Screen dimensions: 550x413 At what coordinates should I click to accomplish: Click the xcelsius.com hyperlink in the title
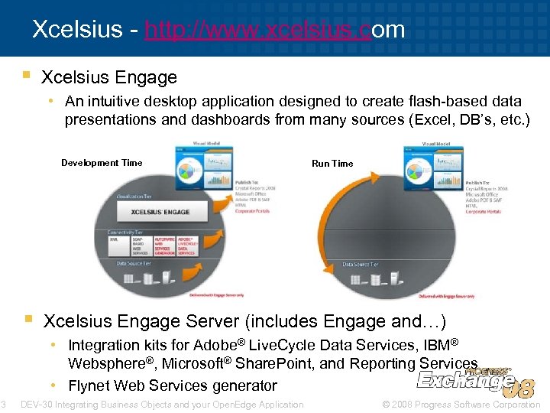(x=274, y=30)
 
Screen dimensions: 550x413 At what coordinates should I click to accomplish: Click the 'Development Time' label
(x=102, y=163)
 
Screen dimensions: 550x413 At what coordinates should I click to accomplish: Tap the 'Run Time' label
(x=332, y=164)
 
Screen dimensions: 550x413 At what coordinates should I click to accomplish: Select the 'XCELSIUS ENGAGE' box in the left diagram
(x=160, y=212)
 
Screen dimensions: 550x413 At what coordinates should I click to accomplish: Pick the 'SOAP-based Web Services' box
(x=141, y=246)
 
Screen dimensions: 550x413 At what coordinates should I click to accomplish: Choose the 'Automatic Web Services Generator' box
(x=163, y=246)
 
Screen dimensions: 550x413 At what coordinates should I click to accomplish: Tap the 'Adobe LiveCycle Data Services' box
(x=186, y=246)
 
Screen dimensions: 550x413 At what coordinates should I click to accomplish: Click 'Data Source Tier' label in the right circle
(x=360, y=265)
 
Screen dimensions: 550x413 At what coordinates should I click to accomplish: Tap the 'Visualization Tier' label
(x=134, y=197)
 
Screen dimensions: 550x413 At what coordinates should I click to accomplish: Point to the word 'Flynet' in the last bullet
(x=89, y=385)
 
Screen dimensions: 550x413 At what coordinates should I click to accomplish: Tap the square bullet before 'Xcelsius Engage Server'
(x=27, y=317)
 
